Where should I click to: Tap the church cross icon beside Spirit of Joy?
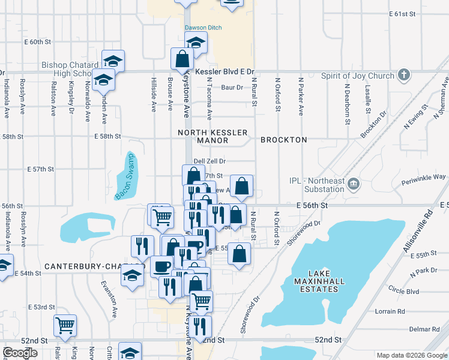tap(405, 75)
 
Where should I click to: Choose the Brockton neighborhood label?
tap(284, 140)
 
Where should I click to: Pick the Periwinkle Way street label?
tap(424, 177)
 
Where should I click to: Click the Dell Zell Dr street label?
tap(209, 161)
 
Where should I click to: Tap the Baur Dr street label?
tap(232, 88)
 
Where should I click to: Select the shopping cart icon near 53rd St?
tap(65, 326)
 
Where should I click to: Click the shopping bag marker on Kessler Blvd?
tap(181, 59)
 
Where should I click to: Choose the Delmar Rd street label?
tap(425, 329)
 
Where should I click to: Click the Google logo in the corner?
tap(20, 353)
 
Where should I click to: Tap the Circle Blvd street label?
tap(403, 292)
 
